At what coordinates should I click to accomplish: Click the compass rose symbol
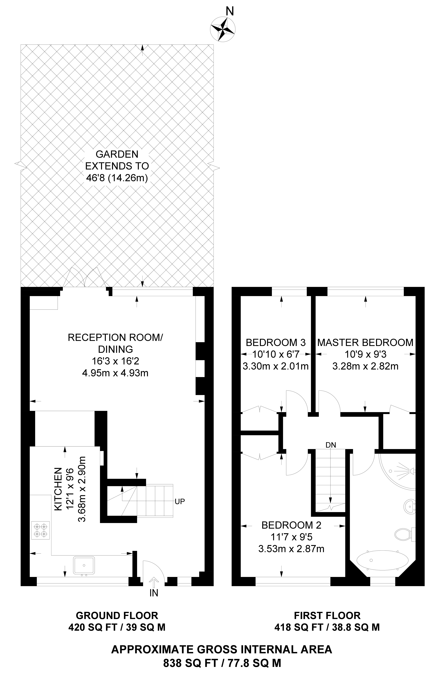[222, 29]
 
